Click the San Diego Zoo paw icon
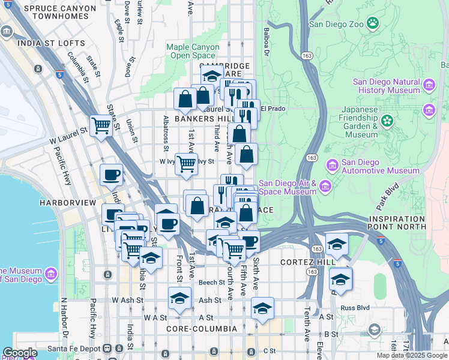373,24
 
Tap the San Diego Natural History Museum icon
429,86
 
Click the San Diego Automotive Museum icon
331,164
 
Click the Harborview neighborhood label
67,203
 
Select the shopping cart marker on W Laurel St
101,125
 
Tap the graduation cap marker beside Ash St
179,298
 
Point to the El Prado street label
273,109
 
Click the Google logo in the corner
19,353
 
